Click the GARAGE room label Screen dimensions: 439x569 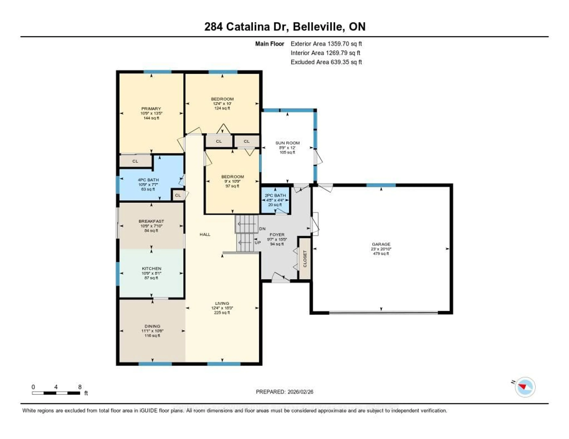[381, 244]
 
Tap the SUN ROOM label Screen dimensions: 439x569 [287, 143]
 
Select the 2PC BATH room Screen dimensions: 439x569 [275, 200]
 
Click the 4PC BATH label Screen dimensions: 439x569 [148, 180]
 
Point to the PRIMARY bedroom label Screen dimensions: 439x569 [151, 108]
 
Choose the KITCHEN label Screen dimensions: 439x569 [151, 268]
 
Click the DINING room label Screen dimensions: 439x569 [152, 326]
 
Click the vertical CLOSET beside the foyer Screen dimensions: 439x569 [305, 259]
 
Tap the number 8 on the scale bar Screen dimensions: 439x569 [80, 387]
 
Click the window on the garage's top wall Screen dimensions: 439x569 [381, 185]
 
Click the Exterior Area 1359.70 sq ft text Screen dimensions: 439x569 [326, 44]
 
